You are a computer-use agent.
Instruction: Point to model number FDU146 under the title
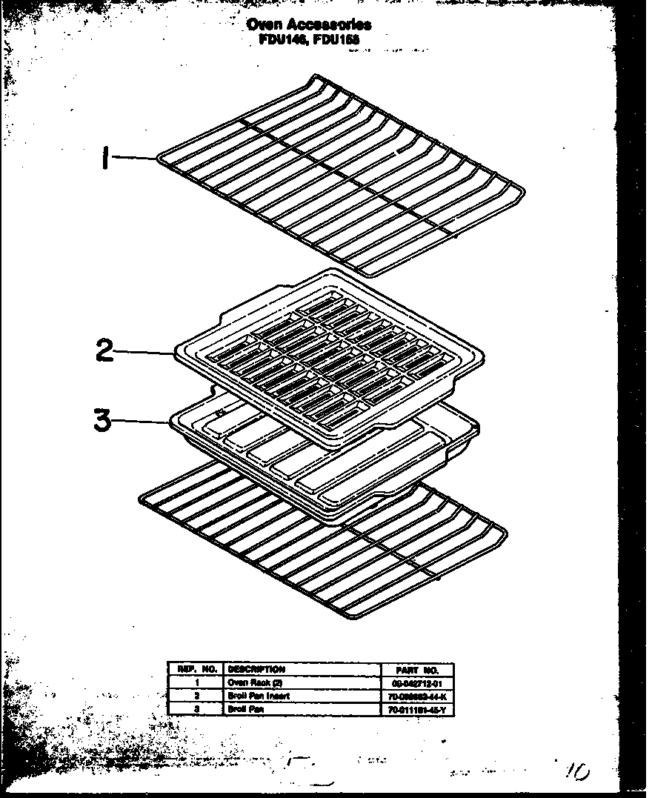279,38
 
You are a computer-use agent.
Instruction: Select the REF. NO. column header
194,669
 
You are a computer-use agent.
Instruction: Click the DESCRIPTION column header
256,669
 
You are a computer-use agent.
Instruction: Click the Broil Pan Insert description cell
259,696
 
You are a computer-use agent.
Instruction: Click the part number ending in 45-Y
419,709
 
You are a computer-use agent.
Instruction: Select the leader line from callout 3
141,421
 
